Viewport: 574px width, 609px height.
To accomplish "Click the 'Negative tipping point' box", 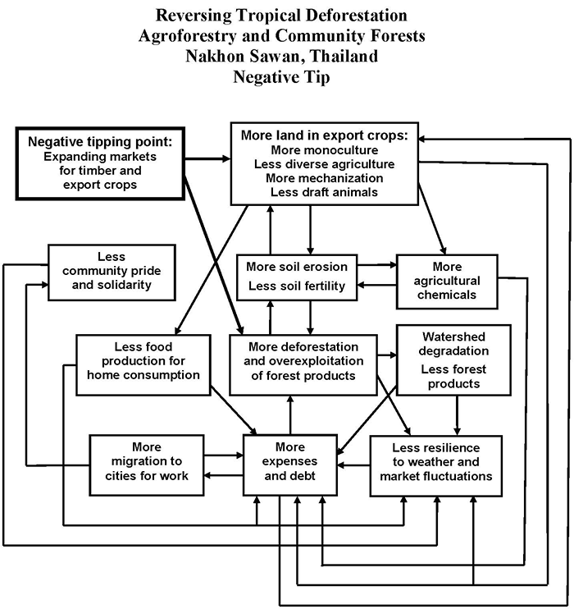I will [100, 163].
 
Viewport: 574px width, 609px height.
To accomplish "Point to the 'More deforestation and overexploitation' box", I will [304, 361].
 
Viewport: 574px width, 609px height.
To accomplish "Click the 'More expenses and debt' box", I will [289, 464].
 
